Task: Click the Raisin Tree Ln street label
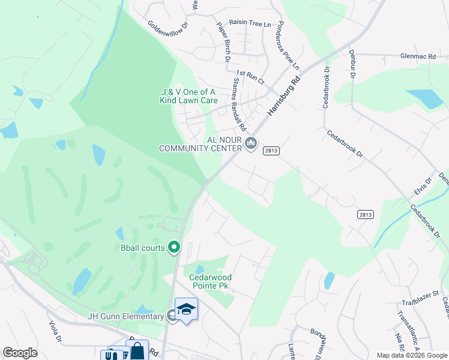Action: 250,25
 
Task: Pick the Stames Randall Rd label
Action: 239,104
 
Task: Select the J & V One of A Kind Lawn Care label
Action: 188,96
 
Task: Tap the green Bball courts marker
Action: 174,247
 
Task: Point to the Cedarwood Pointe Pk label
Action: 211,281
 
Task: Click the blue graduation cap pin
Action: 186,309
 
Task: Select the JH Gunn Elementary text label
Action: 125,316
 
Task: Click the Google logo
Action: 20,353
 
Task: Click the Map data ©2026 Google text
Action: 412,355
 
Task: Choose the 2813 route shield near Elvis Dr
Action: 364,214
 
